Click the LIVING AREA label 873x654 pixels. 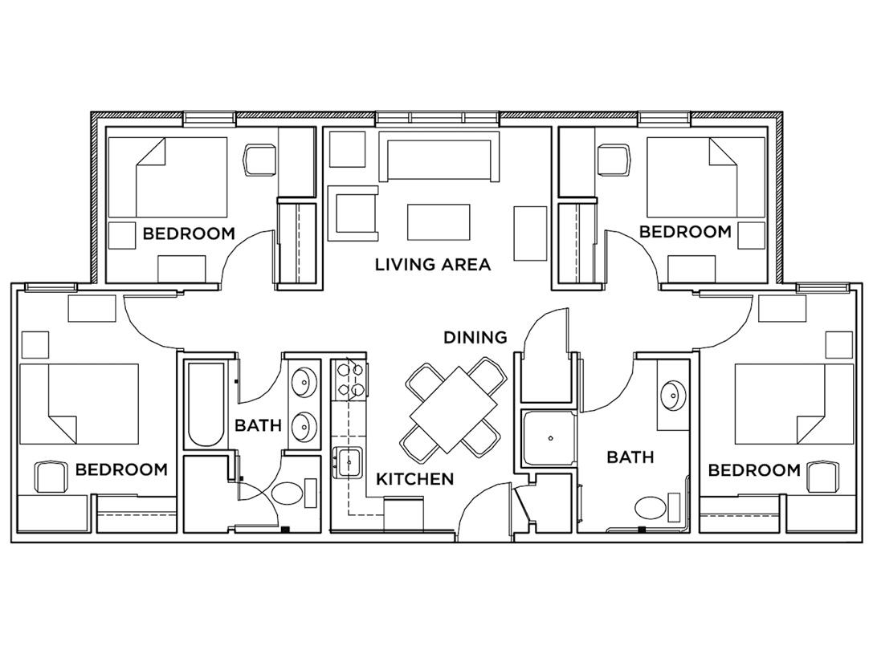(432, 264)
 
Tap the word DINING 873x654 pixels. (475, 337)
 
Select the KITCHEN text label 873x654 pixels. (415, 479)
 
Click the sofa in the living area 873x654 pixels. (439, 159)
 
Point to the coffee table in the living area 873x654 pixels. (439, 221)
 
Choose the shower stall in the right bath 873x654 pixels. (550, 439)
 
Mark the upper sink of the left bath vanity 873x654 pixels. (304, 383)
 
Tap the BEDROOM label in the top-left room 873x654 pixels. (189, 234)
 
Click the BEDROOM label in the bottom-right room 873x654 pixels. (753, 469)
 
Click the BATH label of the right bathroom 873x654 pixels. (630, 457)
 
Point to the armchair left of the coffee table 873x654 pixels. (353, 213)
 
